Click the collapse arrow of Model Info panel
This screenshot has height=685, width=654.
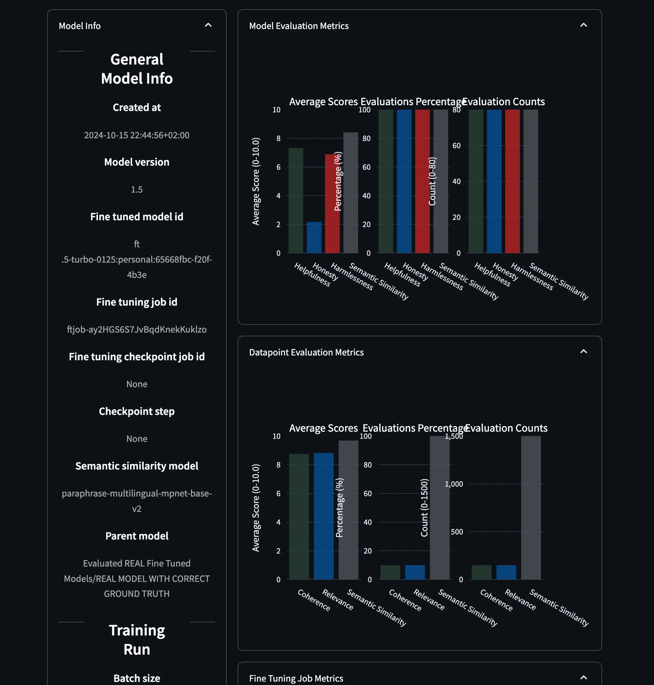coord(208,25)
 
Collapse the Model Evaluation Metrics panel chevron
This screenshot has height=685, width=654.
coord(583,25)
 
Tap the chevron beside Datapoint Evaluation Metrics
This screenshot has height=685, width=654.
coord(583,352)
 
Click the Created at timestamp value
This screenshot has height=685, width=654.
coord(137,135)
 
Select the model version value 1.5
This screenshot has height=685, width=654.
coord(137,190)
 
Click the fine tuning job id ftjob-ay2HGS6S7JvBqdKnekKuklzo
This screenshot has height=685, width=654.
coord(137,330)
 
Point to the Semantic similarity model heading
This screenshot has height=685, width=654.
coord(137,466)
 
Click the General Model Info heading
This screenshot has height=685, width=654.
coord(137,69)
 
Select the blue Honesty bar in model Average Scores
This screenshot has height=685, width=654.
coord(314,238)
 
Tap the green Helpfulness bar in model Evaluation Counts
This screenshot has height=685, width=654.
coord(476,181)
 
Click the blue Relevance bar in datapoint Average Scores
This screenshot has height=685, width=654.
coord(324,516)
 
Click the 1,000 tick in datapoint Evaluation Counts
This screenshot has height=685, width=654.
coord(454,484)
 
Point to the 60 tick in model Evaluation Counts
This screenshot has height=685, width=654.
coord(456,146)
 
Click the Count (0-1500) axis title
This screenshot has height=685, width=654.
coord(424,508)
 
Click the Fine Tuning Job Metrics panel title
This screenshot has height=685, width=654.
coord(296,679)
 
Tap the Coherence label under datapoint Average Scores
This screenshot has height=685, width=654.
coord(314,600)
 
